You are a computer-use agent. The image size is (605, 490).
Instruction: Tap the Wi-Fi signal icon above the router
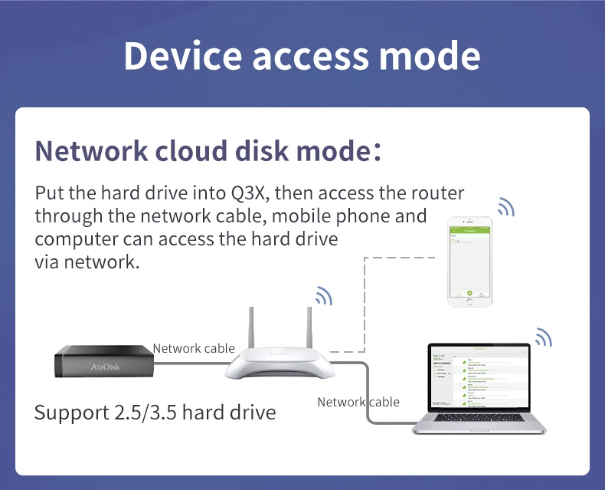click(x=324, y=296)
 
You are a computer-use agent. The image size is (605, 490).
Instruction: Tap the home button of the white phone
click(x=469, y=301)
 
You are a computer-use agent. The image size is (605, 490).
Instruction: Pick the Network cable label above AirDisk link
click(x=194, y=348)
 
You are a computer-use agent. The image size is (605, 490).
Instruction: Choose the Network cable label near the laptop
click(x=358, y=402)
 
